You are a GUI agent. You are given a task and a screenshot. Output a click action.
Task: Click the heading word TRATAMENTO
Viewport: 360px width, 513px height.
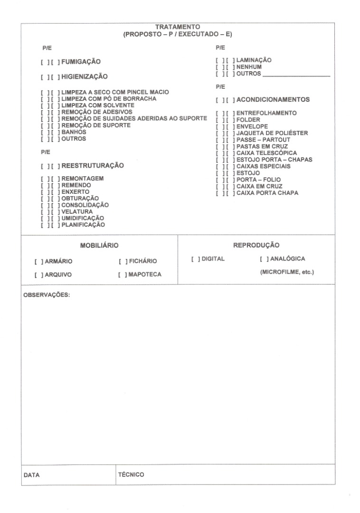point(178,27)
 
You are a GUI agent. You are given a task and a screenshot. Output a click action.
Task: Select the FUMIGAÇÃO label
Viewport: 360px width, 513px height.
point(81,62)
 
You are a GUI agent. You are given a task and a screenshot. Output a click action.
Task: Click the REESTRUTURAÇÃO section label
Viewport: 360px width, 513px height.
point(93,166)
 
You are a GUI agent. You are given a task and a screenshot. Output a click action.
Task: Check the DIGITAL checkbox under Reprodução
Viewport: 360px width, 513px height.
point(195,259)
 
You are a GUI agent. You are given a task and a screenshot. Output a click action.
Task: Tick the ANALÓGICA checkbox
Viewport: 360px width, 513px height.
point(265,259)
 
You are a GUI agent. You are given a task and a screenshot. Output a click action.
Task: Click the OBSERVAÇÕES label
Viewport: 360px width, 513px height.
point(47,295)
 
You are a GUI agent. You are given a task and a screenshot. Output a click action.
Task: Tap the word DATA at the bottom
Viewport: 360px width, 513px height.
point(32,475)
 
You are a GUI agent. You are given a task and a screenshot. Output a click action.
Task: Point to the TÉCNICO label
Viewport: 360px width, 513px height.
point(131,474)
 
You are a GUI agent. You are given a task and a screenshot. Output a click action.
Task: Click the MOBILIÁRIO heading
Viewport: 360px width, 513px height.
point(99,246)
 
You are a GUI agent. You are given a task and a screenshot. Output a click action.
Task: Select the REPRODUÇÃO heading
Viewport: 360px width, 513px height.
point(256,245)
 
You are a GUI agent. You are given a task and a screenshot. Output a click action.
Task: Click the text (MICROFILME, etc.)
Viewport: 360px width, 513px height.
point(287,272)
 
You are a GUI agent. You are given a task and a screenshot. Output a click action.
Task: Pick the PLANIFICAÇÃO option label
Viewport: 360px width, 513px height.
point(83,225)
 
